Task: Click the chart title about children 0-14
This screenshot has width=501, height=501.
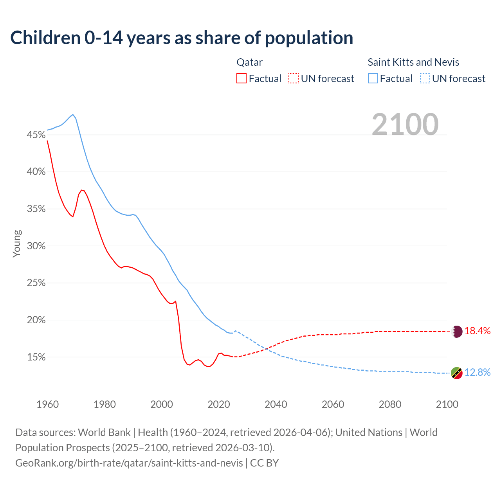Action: point(182,38)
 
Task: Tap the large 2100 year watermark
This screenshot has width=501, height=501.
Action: point(405,124)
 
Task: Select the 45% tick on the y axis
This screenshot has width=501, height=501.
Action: point(36,135)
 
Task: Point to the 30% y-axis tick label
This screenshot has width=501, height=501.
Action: point(36,246)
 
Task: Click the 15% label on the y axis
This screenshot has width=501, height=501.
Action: point(36,357)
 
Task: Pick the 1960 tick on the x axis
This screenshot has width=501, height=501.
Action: point(47,404)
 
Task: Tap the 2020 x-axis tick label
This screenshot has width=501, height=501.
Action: point(219,404)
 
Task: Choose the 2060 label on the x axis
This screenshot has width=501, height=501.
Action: point(333,404)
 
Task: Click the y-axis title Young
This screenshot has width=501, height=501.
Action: point(17,243)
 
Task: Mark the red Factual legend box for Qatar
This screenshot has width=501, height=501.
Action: point(241,79)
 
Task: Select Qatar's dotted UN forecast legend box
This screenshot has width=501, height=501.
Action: point(294,79)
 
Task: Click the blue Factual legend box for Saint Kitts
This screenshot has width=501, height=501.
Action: point(373,79)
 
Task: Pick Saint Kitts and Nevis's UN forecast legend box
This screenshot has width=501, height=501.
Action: point(425,79)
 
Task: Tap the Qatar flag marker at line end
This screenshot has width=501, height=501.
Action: point(457,332)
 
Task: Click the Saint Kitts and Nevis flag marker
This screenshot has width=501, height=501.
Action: point(457,373)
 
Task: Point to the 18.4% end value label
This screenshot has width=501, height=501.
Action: point(478,331)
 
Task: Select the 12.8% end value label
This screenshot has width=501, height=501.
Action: point(478,373)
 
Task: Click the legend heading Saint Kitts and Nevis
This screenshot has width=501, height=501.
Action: point(413,62)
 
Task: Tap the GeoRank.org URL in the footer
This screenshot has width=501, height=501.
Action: point(129,463)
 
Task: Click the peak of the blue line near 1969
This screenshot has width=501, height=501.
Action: point(73,115)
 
